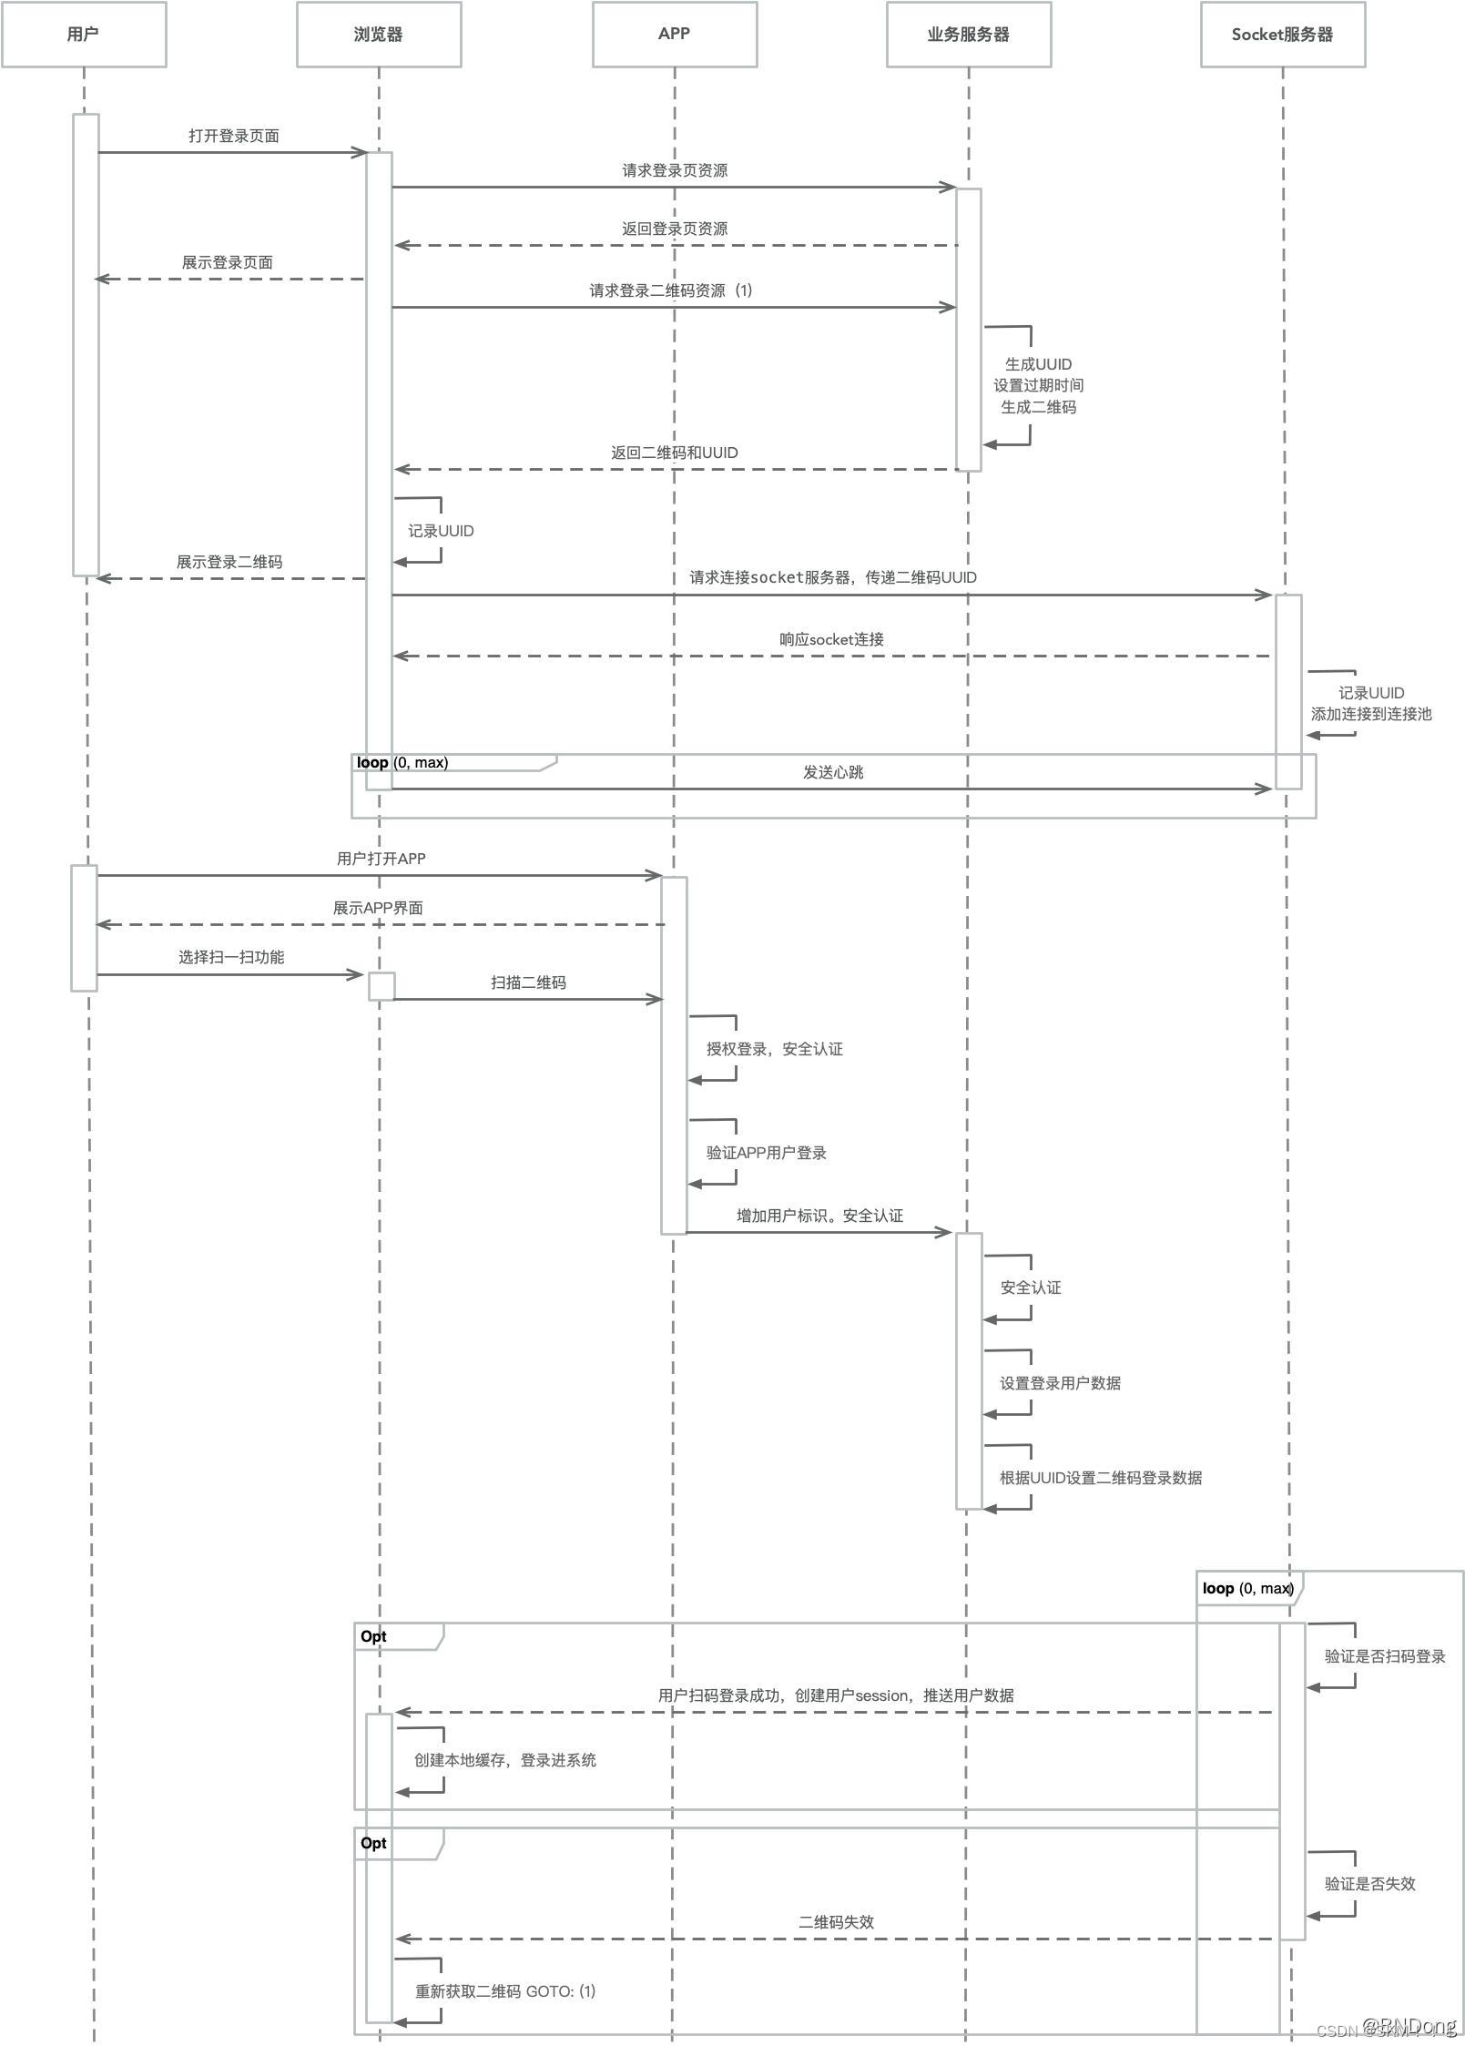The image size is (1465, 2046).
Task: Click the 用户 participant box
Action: (x=83, y=35)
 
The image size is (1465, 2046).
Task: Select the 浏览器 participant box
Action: (x=378, y=35)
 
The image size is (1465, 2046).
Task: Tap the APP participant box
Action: (x=674, y=35)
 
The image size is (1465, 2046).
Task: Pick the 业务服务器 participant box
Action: (x=969, y=35)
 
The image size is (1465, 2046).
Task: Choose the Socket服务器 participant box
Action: (x=1282, y=35)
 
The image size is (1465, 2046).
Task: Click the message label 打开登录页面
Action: (x=234, y=136)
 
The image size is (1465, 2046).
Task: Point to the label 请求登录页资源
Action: (x=675, y=170)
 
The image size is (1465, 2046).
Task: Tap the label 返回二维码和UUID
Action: (x=675, y=453)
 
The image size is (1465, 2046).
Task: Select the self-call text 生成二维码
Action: (x=1038, y=407)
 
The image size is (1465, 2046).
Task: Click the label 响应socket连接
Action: (x=831, y=639)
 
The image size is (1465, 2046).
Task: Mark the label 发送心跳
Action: (x=833, y=772)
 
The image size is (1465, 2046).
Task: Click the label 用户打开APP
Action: (x=381, y=859)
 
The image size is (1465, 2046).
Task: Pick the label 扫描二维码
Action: (x=528, y=982)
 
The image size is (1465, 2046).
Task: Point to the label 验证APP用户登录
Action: (x=767, y=1153)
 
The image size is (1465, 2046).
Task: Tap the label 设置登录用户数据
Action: (x=1060, y=1383)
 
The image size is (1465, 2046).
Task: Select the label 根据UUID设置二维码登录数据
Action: (x=1101, y=1478)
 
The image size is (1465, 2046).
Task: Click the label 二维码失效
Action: (x=836, y=1922)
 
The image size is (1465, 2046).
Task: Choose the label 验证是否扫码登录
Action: (x=1385, y=1656)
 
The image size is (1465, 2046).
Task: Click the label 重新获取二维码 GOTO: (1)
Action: (x=505, y=1991)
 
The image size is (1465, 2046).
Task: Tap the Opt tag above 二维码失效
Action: (x=373, y=1843)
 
